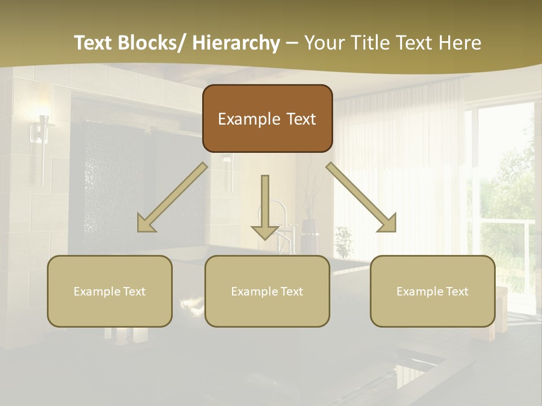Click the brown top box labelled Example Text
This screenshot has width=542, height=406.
pyautogui.click(x=267, y=118)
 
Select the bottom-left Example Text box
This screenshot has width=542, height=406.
pyautogui.click(x=110, y=291)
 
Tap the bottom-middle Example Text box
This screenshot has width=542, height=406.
pyautogui.click(x=267, y=291)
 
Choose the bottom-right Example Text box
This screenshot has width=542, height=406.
pyautogui.click(x=432, y=291)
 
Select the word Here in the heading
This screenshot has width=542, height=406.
pyautogui.click(x=460, y=43)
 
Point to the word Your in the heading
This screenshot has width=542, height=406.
pyautogui.click(x=324, y=43)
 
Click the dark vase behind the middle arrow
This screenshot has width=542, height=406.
pyautogui.click(x=309, y=237)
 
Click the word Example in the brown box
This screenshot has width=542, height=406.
pyautogui.click(x=246, y=119)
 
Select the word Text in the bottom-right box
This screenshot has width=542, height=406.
pyautogui.click(x=457, y=291)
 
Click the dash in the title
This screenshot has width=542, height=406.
pyautogui.click(x=292, y=43)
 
